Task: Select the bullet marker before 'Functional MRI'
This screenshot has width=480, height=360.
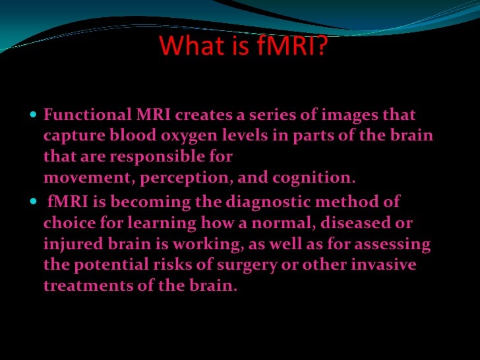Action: click(x=35, y=115)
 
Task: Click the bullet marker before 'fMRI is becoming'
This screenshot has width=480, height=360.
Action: click(x=35, y=201)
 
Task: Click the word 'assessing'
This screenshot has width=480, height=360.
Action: click(x=394, y=245)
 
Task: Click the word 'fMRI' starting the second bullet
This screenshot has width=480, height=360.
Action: click(x=65, y=201)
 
